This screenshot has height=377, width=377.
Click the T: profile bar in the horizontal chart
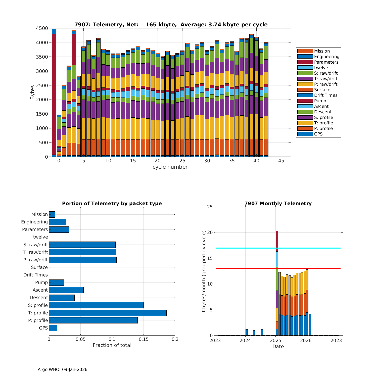[108, 313]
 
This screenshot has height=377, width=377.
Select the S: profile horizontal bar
[96, 305]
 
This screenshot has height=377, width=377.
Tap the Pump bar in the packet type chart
[57, 282]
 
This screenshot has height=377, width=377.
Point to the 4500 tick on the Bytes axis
[42, 28]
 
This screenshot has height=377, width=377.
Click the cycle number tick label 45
[281, 161]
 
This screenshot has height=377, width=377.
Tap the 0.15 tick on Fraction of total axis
[144, 339]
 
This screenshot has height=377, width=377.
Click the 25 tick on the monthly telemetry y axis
[210, 207]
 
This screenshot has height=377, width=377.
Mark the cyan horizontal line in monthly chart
[251, 248]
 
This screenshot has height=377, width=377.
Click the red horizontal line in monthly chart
[251, 269]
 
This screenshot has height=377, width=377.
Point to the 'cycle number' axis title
[170, 167]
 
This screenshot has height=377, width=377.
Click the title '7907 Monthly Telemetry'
[278, 204]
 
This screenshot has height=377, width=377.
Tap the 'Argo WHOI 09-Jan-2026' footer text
[62, 369]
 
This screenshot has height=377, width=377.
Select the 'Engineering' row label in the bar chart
[34, 222]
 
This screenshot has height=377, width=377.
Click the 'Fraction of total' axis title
[112, 345]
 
